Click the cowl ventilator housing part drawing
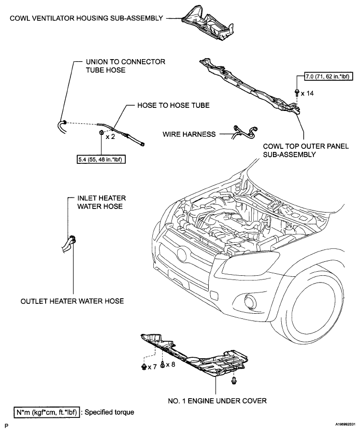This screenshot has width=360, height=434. tap(208, 23)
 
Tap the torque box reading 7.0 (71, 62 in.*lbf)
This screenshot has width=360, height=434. tap(329, 76)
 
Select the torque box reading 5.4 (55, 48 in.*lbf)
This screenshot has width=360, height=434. tap(101, 159)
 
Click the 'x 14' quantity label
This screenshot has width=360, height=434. tap(308, 93)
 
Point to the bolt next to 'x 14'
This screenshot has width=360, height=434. tap(297, 92)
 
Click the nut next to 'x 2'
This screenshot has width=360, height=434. tap(102, 133)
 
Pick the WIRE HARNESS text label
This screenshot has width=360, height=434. tap(189, 134)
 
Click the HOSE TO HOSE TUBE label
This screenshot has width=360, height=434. tap(174, 105)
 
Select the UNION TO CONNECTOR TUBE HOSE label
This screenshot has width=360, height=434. tap(125, 66)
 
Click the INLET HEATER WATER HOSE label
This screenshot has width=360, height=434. tap(102, 202)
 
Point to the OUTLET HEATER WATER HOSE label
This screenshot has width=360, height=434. tap(72, 301)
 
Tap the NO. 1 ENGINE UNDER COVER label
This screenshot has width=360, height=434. tap(218, 400)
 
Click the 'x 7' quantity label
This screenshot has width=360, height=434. tap(152, 367)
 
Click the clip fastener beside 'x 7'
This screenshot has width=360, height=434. tap(144, 367)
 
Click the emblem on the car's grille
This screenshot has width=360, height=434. tap(181, 254)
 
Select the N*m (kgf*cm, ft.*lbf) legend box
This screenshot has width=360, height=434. tap(47, 412)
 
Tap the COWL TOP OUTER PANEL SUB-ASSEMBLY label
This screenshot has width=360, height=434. tap(306, 150)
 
